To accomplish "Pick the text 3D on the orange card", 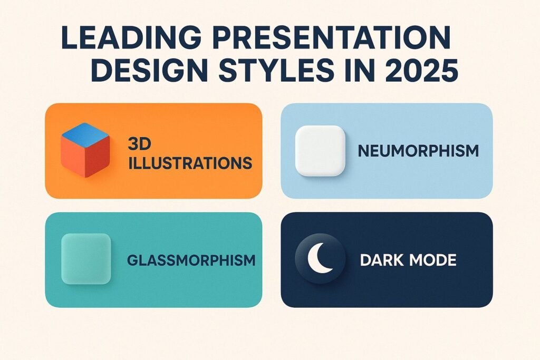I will pyautogui.click(x=137, y=144).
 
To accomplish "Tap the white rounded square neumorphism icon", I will pyautogui.click(x=320, y=151).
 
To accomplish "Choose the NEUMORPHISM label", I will pyautogui.click(x=418, y=151).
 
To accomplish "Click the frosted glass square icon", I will pyautogui.click(x=86, y=259).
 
